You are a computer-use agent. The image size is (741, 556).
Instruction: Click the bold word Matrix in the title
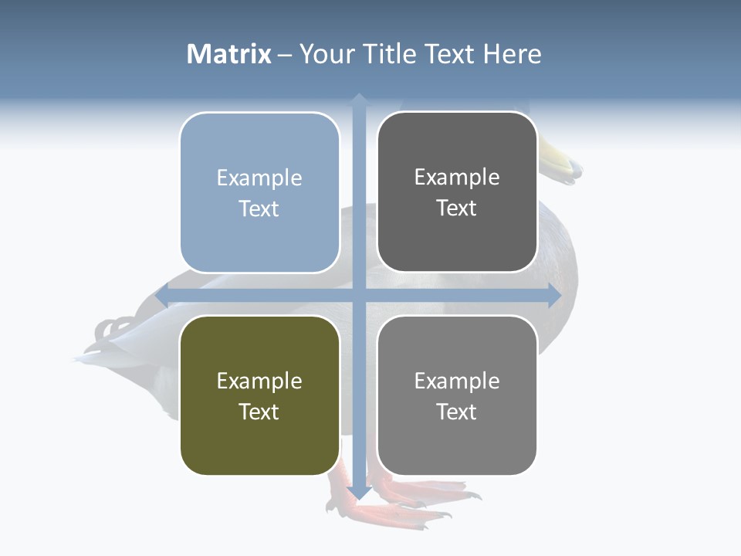click(x=229, y=54)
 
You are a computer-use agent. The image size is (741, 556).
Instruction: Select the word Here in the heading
click(x=512, y=54)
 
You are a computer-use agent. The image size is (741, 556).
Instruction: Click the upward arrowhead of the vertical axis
click(x=359, y=99)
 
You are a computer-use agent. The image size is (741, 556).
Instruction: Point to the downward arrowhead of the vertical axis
click(x=359, y=493)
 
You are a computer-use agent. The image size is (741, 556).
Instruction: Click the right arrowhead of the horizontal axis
click(x=555, y=296)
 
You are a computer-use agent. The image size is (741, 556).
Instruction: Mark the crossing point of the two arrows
click(x=359, y=296)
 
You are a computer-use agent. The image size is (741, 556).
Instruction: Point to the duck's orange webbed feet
click(x=401, y=502)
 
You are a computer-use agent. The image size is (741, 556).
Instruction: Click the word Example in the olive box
click(x=259, y=381)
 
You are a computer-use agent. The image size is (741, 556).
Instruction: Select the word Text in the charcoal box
click(x=457, y=208)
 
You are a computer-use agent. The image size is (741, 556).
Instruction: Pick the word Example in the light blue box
click(x=259, y=178)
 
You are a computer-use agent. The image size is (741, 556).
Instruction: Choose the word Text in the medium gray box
click(x=457, y=412)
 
